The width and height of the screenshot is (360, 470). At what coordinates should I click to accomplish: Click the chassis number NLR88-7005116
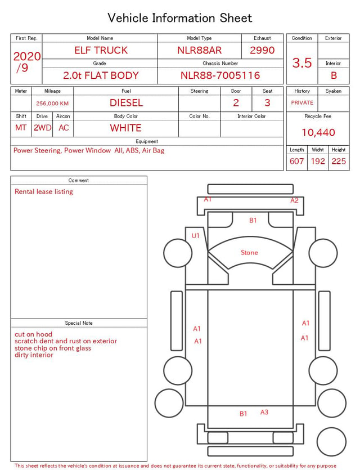tap(220, 75)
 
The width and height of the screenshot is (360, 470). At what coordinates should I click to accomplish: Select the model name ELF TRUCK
tap(101, 50)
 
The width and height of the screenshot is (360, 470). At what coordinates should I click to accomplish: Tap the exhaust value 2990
tap(262, 50)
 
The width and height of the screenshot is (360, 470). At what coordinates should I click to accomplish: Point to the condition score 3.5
tap(302, 62)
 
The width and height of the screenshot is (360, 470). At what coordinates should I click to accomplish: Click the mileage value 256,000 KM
tap(52, 104)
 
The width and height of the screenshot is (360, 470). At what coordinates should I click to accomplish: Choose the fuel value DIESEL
tap(127, 103)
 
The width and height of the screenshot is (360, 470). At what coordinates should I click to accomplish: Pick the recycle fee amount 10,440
tap(318, 132)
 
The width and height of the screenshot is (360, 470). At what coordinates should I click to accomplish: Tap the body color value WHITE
tap(125, 128)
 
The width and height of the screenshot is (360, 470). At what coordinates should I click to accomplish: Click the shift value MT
tap(21, 128)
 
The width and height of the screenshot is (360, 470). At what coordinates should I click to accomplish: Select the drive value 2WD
tap(42, 128)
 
